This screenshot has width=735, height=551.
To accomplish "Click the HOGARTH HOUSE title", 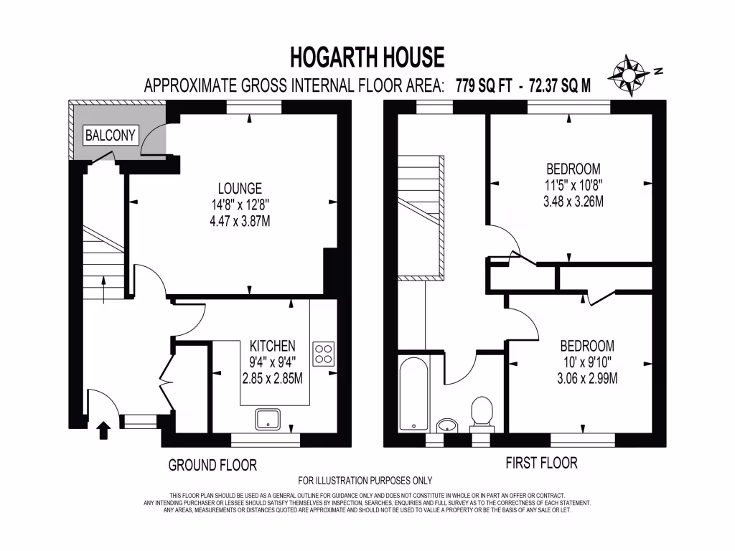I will click(x=367, y=56).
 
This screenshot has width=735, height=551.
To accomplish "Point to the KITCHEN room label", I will click(x=273, y=346).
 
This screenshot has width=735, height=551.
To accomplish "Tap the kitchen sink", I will click(x=268, y=419).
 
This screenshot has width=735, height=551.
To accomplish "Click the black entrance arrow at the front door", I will click(x=103, y=430).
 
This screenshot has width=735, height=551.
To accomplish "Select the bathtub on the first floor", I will click(x=414, y=393).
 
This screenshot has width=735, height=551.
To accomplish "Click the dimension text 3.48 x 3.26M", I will click(x=572, y=202).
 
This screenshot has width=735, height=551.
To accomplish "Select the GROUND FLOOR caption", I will click(x=212, y=465).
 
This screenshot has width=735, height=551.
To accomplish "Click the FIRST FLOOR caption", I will click(x=542, y=463).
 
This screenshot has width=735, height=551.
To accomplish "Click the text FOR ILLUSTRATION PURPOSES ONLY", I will click(x=365, y=481).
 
